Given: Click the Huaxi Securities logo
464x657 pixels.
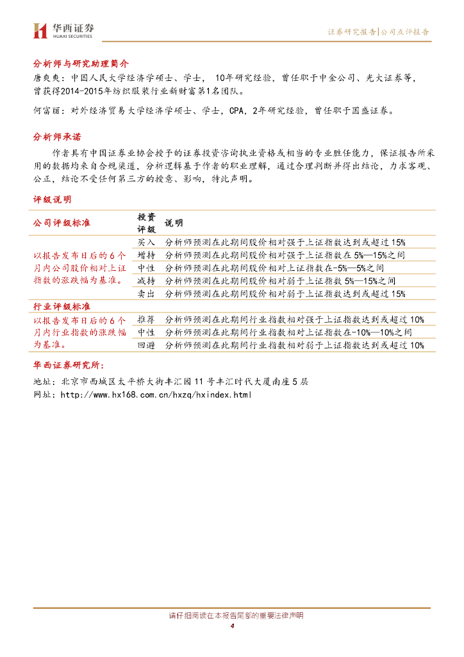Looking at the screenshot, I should tap(63, 30).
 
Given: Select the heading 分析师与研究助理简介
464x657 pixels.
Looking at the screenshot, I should tap(81, 64).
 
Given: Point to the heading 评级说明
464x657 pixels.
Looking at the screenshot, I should tap(53, 200).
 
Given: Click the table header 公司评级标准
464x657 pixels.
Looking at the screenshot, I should tap(62, 223).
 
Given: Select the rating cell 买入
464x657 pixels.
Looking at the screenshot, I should tap(146, 243).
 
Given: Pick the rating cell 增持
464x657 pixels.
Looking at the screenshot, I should tap(146, 255).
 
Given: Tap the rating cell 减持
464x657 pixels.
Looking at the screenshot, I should tap(146, 281).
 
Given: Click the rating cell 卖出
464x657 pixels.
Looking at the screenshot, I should tap(146, 294).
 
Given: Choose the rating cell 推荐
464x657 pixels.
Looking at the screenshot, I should tap(146, 320).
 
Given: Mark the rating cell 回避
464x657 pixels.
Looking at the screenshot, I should tap(146, 345).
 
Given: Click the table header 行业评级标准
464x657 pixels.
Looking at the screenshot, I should tap(62, 307).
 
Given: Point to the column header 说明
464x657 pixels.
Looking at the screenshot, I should tap(174, 223).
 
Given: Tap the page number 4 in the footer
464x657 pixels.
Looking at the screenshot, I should tap(232, 626).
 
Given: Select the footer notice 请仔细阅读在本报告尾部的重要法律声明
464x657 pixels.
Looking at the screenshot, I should tap(232, 616).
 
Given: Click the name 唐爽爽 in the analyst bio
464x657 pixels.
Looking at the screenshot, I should tap(45, 78).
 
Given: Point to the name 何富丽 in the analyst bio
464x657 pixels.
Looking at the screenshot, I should tap(45, 110).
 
